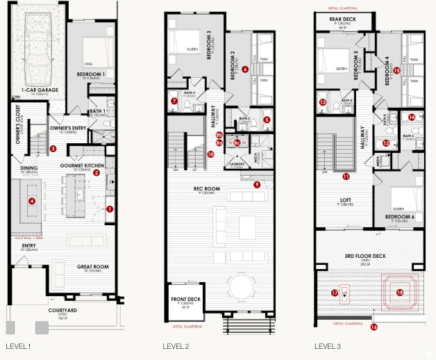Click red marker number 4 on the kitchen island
pos(31,202)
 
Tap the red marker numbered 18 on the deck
pos(399,293)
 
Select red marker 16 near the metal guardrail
pos(374,327)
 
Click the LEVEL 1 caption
pos(17,345)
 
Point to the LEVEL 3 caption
pos(328,345)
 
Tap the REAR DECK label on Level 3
pos(342,20)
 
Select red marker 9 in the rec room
pos(257,184)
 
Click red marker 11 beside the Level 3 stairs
pos(346,177)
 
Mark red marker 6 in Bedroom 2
pos(246,69)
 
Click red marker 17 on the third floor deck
pos(335,293)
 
